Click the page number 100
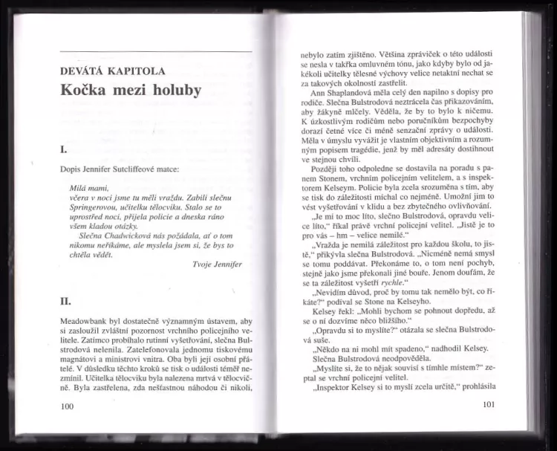[x=68, y=406]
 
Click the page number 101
[x=488, y=404]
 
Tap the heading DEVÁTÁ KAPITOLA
[x=113, y=72]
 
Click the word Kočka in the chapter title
[x=87, y=91]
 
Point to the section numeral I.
[x=65, y=149]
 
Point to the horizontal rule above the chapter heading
[x=155, y=51]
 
